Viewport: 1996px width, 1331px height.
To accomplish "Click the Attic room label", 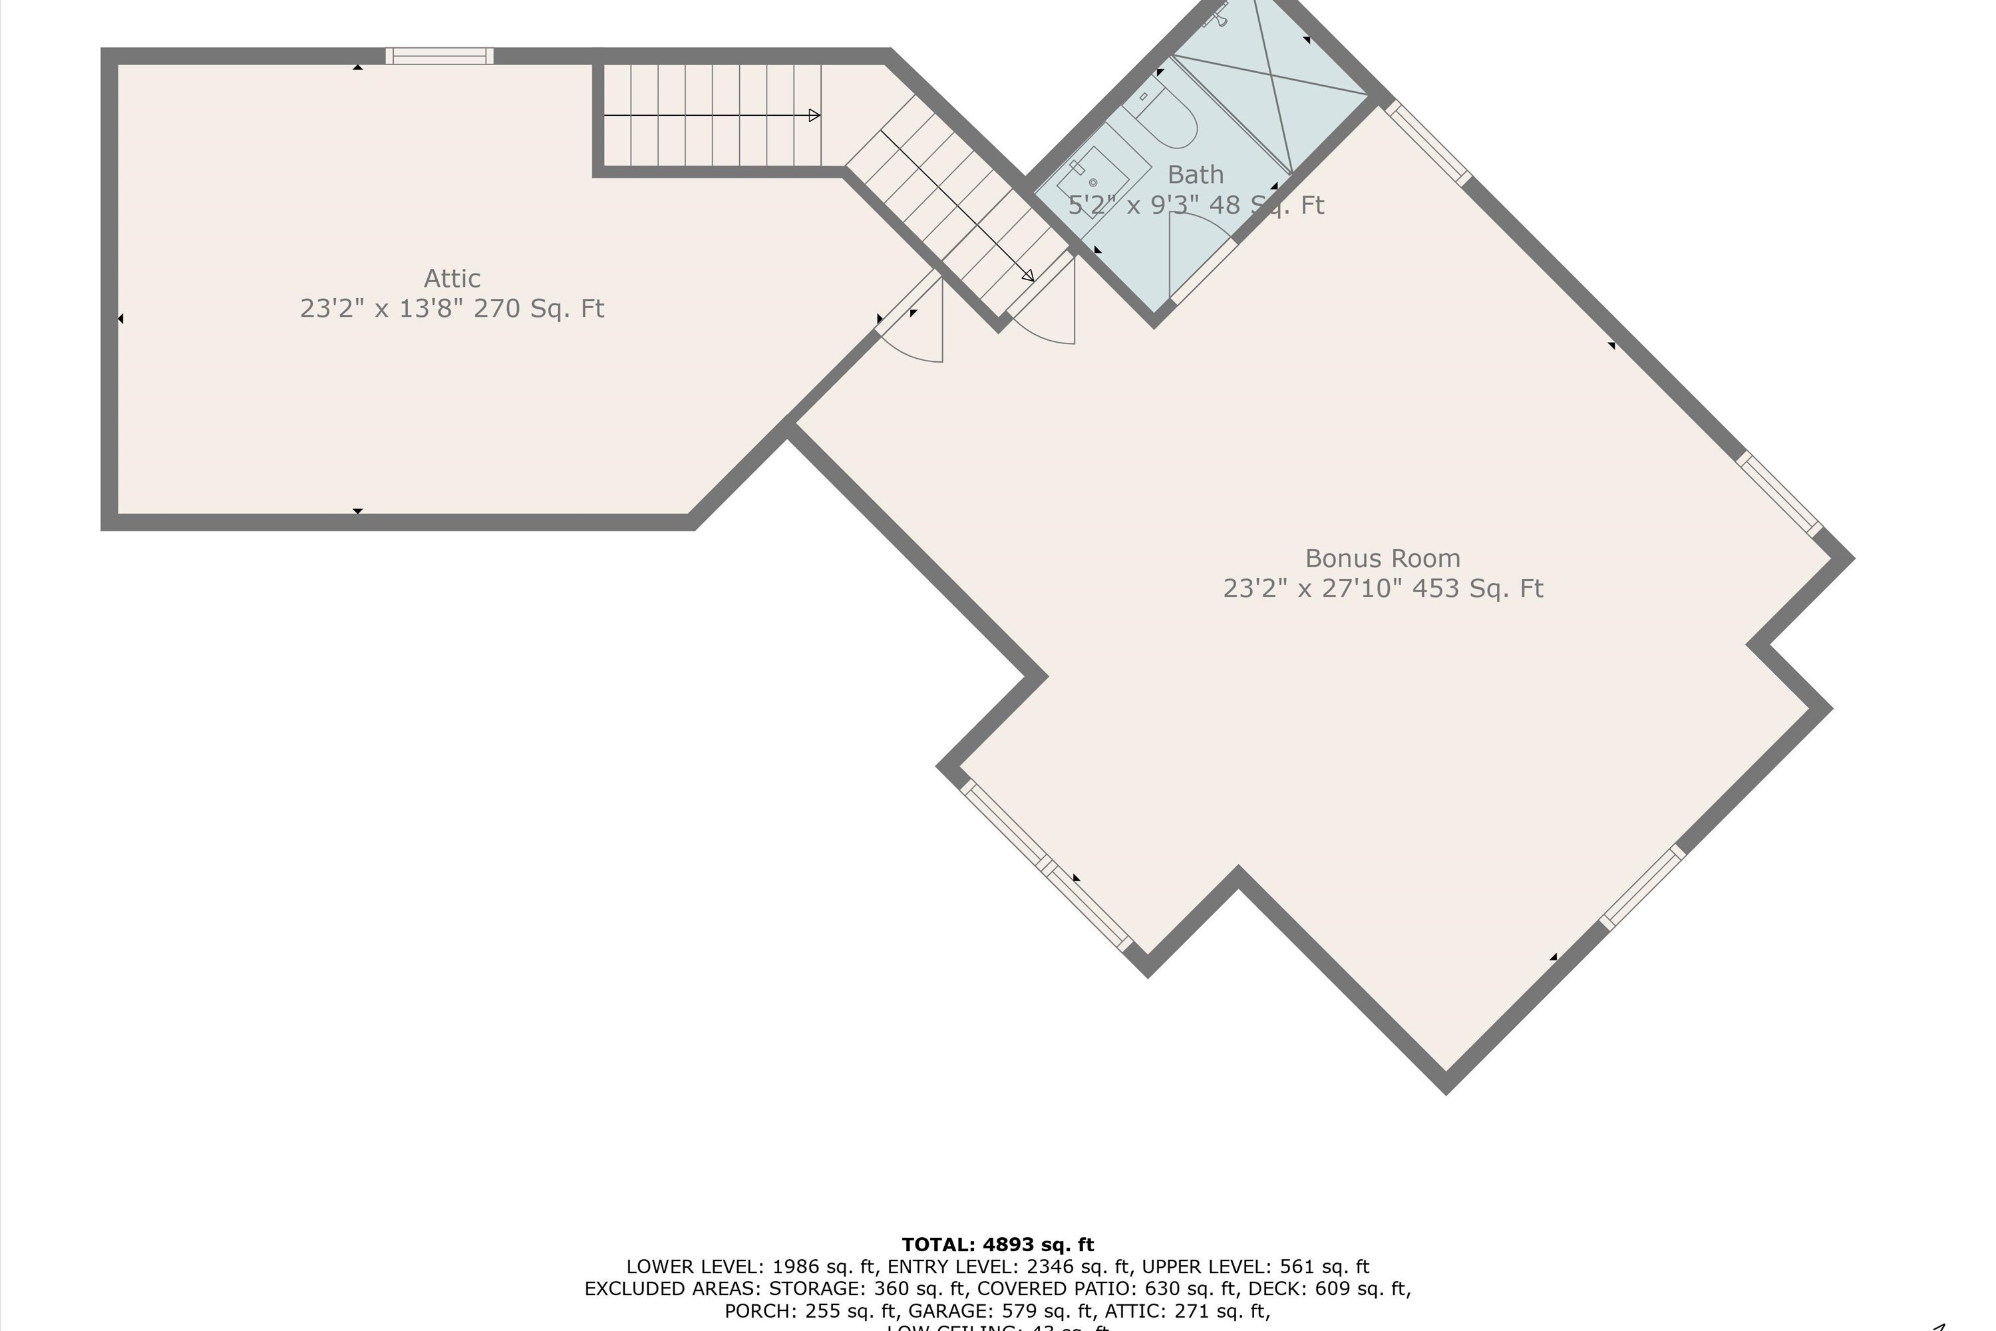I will (452, 278).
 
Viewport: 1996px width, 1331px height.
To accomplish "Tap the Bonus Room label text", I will (1383, 558).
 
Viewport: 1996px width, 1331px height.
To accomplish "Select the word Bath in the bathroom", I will (1195, 175).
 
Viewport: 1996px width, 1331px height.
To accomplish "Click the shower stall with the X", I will (1273, 81).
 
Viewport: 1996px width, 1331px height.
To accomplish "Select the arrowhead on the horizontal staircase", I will (814, 115).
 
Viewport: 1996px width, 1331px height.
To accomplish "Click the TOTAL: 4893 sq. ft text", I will (997, 1244).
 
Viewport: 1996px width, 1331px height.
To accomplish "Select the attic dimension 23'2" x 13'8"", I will (382, 308).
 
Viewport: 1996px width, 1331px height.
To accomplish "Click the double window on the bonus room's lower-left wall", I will (1047, 866).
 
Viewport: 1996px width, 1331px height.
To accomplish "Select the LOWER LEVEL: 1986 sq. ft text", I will (751, 1266).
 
